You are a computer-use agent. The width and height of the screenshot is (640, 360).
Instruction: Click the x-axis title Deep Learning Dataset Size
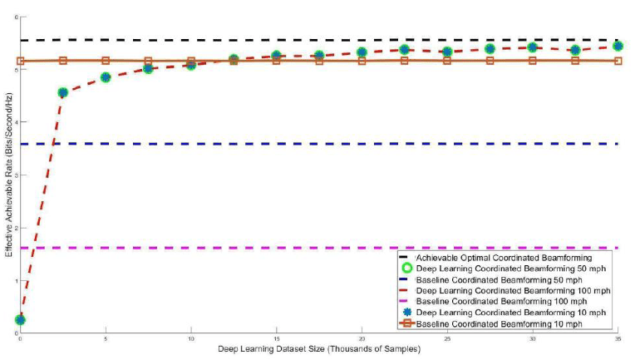pos(319,348)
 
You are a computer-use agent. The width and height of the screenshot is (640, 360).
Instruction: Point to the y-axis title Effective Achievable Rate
pos(8,174)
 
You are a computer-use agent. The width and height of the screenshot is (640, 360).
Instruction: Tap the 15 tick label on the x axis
pos(276,339)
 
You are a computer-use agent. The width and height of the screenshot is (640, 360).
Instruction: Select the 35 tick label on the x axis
pos(618,339)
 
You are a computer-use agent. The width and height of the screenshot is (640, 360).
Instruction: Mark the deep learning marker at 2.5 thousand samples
pos(63,92)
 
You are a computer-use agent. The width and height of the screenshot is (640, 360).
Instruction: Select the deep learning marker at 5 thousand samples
pos(106,77)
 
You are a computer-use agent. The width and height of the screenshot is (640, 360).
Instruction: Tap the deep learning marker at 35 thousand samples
pos(618,46)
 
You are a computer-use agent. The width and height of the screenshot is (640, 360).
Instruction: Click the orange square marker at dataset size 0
pos(21,61)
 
